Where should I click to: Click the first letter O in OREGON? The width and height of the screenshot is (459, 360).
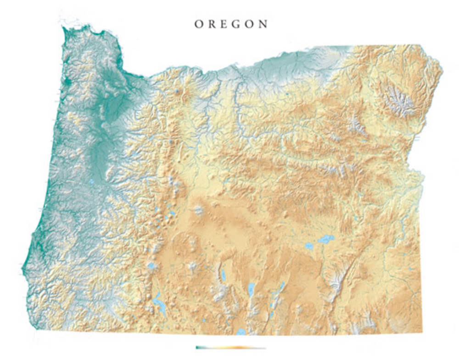click(198, 24)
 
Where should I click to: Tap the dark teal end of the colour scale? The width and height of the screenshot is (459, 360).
click(198, 348)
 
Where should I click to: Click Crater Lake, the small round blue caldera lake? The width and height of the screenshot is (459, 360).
click(152, 266)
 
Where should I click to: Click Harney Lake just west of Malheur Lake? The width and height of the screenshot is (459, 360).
click(309, 246)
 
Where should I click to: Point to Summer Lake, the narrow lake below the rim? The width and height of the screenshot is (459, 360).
click(223, 275)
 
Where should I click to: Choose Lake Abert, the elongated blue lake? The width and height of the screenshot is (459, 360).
click(251, 289)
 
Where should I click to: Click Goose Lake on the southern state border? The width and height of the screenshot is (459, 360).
click(240, 331)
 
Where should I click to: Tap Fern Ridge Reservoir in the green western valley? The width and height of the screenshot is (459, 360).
click(91, 182)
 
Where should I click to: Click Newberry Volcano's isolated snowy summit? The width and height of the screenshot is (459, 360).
click(199, 210)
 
